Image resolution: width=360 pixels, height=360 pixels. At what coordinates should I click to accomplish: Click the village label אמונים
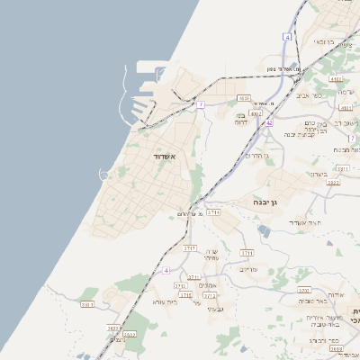coord(207,285)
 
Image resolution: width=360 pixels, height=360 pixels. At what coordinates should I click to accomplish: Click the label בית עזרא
coord(167,301)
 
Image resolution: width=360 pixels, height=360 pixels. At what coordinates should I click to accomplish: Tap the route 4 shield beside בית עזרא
coord(166,270)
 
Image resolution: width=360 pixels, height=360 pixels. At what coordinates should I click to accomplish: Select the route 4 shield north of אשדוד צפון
coord(287,37)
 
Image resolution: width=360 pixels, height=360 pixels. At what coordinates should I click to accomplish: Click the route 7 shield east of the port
coord(202,104)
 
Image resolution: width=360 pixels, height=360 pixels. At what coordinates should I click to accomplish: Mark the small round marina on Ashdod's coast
coord(105,174)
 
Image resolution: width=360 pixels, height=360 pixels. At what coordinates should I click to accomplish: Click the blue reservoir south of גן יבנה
coord(262,231)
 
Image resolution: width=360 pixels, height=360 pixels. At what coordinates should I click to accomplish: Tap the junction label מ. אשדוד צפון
coord(284,69)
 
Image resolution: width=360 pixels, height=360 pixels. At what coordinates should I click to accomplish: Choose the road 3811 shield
coord(342,168)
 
